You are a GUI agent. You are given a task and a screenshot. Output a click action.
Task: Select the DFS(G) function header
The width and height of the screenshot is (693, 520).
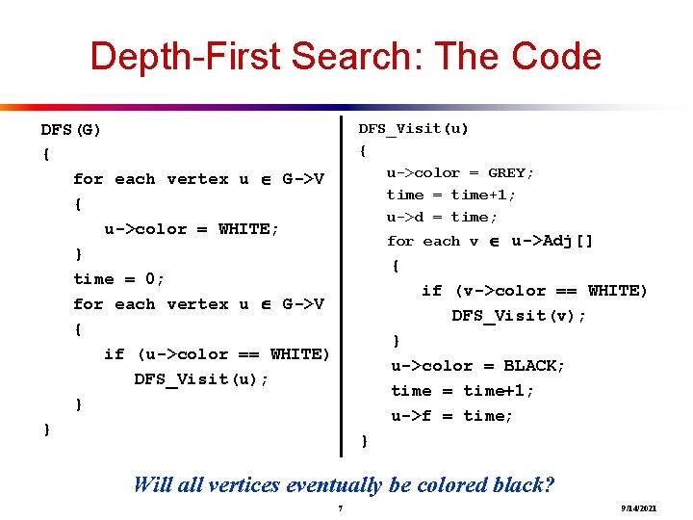click(71, 129)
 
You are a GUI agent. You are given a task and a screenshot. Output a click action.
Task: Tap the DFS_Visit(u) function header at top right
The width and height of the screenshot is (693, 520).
click(413, 128)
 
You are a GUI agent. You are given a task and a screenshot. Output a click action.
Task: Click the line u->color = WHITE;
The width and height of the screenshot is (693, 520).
click(192, 229)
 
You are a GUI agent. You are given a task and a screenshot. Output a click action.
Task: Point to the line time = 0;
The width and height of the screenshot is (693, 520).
click(119, 279)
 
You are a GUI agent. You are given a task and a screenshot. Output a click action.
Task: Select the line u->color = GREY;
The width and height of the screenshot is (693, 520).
click(460, 173)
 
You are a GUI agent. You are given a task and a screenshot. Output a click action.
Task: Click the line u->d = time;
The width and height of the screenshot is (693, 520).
click(442, 218)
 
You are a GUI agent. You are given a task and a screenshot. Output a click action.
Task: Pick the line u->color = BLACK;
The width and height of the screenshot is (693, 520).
click(477, 366)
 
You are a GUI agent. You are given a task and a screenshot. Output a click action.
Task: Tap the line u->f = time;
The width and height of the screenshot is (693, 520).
click(451, 416)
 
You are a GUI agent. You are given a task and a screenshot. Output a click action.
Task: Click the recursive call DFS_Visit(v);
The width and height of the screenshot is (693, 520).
click(519, 316)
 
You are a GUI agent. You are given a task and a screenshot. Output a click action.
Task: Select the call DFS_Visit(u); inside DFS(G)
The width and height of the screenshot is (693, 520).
click(201, 379)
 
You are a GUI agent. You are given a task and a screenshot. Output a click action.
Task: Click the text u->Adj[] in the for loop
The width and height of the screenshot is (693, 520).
click(552, 241)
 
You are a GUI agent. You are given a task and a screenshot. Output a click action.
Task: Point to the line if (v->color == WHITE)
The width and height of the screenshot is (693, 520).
click(534, 291)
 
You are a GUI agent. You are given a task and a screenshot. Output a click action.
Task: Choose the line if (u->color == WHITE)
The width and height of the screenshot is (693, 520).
click(217, 354)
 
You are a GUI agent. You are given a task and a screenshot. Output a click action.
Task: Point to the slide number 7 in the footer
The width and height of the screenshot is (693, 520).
click(341, 507)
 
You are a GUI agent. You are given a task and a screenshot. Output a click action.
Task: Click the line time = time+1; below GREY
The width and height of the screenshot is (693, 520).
click(450, 195)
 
